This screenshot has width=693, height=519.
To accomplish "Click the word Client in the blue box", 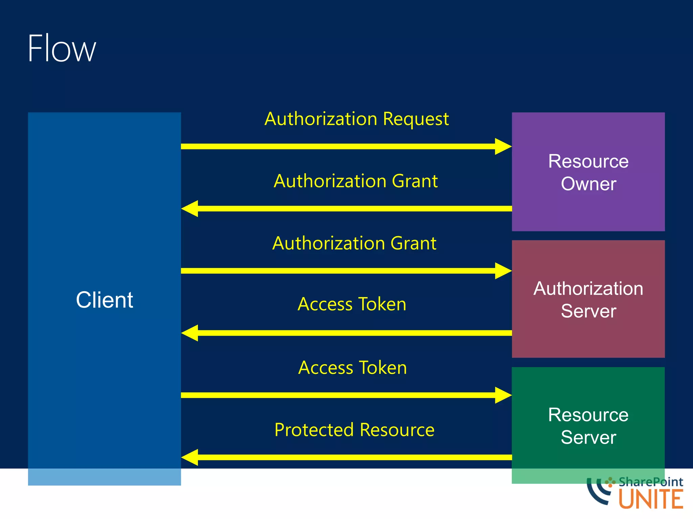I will click(x=104, y=300).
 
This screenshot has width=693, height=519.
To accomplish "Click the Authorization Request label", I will click(x=356, y=119).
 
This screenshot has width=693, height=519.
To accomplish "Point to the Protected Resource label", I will click(x=354, y=430).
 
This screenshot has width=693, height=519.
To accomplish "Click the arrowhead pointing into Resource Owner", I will click(x=503, y=146).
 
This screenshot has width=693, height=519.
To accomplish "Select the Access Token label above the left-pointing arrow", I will click(x=352, y=304).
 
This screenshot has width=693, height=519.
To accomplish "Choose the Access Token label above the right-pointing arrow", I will click(x=352, y=368).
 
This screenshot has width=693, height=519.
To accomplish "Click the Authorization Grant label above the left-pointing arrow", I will click(x=356, y=181).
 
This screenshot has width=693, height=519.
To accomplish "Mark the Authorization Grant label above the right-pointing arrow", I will click(x=354, y=243).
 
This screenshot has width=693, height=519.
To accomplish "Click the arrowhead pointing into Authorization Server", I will click(x=503, y=271).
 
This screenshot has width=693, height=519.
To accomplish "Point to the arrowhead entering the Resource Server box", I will click(x=503, y=395).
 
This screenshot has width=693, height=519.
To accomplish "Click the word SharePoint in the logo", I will click(x=650, y=482).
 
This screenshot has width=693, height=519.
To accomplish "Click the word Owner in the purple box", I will click(x=588, y=184).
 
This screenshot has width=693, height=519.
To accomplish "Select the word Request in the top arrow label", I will click(x=416, y=119).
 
